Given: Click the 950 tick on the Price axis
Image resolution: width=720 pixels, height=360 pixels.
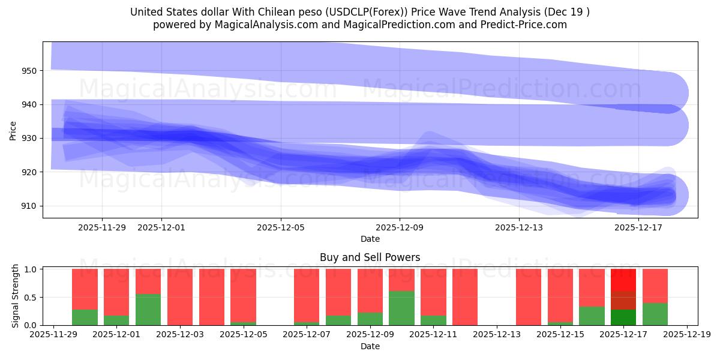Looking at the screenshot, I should [x=30, y=71].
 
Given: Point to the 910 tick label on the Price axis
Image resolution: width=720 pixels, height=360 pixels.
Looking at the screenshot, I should [x=30, y=206].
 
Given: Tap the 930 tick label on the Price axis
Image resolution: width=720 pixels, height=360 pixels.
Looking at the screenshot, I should [x=30, y=138].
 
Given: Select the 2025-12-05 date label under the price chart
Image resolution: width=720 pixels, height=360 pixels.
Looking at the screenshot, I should [x=281, y=227].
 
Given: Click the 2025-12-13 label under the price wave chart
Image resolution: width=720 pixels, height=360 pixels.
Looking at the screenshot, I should [x=518, y=227].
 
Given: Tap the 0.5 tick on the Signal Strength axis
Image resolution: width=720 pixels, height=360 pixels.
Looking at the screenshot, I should [x=32, y=297].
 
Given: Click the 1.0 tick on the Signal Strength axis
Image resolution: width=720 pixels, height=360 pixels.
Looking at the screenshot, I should [x=32, y=269].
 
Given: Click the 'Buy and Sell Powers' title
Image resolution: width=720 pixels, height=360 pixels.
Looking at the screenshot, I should [x=370, y=258].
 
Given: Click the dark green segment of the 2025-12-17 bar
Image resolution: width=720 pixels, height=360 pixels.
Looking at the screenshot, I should [x=623, y=317].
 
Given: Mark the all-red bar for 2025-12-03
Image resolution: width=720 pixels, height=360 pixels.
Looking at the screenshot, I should [x=180, y=297].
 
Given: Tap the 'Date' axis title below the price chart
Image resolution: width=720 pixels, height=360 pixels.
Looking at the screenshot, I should [x=370, y=239].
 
